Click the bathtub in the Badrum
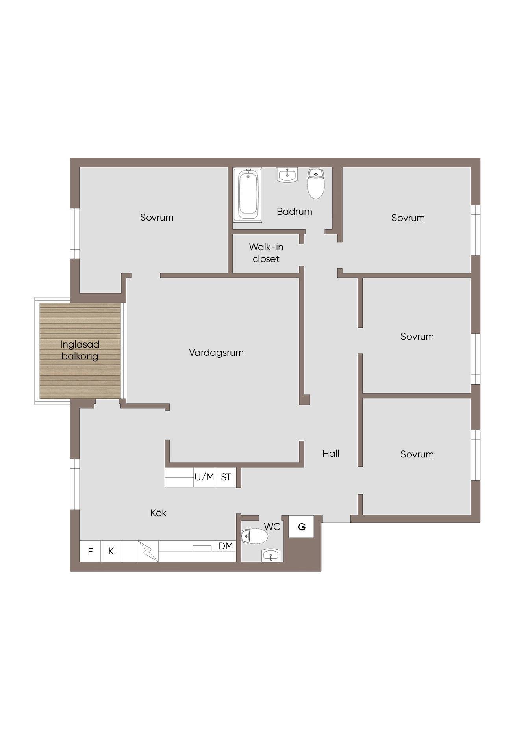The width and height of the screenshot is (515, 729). coord(247,195)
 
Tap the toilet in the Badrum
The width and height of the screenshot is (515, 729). coord(316,184)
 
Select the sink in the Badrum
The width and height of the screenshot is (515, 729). coord(287,175)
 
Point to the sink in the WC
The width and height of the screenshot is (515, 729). coord(270,555)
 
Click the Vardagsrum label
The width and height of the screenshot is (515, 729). coord(216,353)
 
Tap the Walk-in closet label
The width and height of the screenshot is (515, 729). coord(266,253)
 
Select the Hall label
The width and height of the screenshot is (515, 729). coord(331,454)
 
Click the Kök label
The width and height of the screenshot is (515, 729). coord(158,513)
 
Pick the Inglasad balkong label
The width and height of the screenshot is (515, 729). coord(80,350)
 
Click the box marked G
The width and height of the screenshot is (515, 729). coord(302,526)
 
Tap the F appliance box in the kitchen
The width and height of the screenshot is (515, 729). coord(90,551)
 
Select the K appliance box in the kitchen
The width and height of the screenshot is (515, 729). coord(111,551)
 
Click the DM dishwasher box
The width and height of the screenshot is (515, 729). coord(226,546)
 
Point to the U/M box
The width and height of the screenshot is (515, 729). coord(204,477)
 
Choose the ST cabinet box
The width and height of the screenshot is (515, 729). coord(226,477)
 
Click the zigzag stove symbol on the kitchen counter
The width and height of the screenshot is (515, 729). coord(148,551)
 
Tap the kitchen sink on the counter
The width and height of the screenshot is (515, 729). coord(202,548)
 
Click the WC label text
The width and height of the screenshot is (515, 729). coord(272,527)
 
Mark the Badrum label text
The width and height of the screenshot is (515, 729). coord(295,212)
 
